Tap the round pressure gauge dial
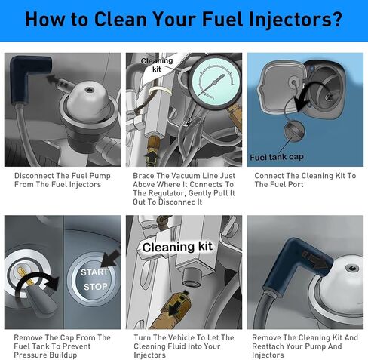(x=214, y=82)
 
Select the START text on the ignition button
(x=94, y=272)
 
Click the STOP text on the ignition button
(x=96, y=287)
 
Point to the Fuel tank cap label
(x=277, y=157)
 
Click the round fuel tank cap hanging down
(x=294, y=131)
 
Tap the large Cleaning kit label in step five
(x=177, y=247)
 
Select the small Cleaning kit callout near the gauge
(x=157, y=65)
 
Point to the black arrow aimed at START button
(x=111, y=258)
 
